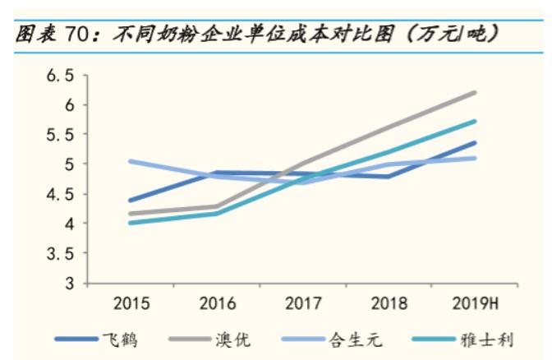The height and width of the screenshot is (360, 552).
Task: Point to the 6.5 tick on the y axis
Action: tap(58, 76)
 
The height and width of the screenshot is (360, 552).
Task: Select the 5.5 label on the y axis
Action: tap(58, 135)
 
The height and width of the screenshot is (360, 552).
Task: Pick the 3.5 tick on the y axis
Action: tap(58, 254)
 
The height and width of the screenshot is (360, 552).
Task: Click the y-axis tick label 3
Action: tap(69, 284)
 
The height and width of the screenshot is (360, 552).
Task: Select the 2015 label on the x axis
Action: tap(131, 304)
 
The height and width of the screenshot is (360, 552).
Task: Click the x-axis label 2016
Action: tap(218, 304)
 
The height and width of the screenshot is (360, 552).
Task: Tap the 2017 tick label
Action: tap(303, 304)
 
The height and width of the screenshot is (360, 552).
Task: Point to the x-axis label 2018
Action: tap(389, 304)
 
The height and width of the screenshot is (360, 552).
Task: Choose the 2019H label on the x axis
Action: tap(476, 304)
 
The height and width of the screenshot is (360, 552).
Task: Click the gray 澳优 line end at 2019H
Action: tap(476, 93)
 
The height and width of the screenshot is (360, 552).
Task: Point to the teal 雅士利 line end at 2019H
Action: tap(476, 122)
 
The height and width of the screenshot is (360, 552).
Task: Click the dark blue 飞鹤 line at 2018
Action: tap(389, 176)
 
